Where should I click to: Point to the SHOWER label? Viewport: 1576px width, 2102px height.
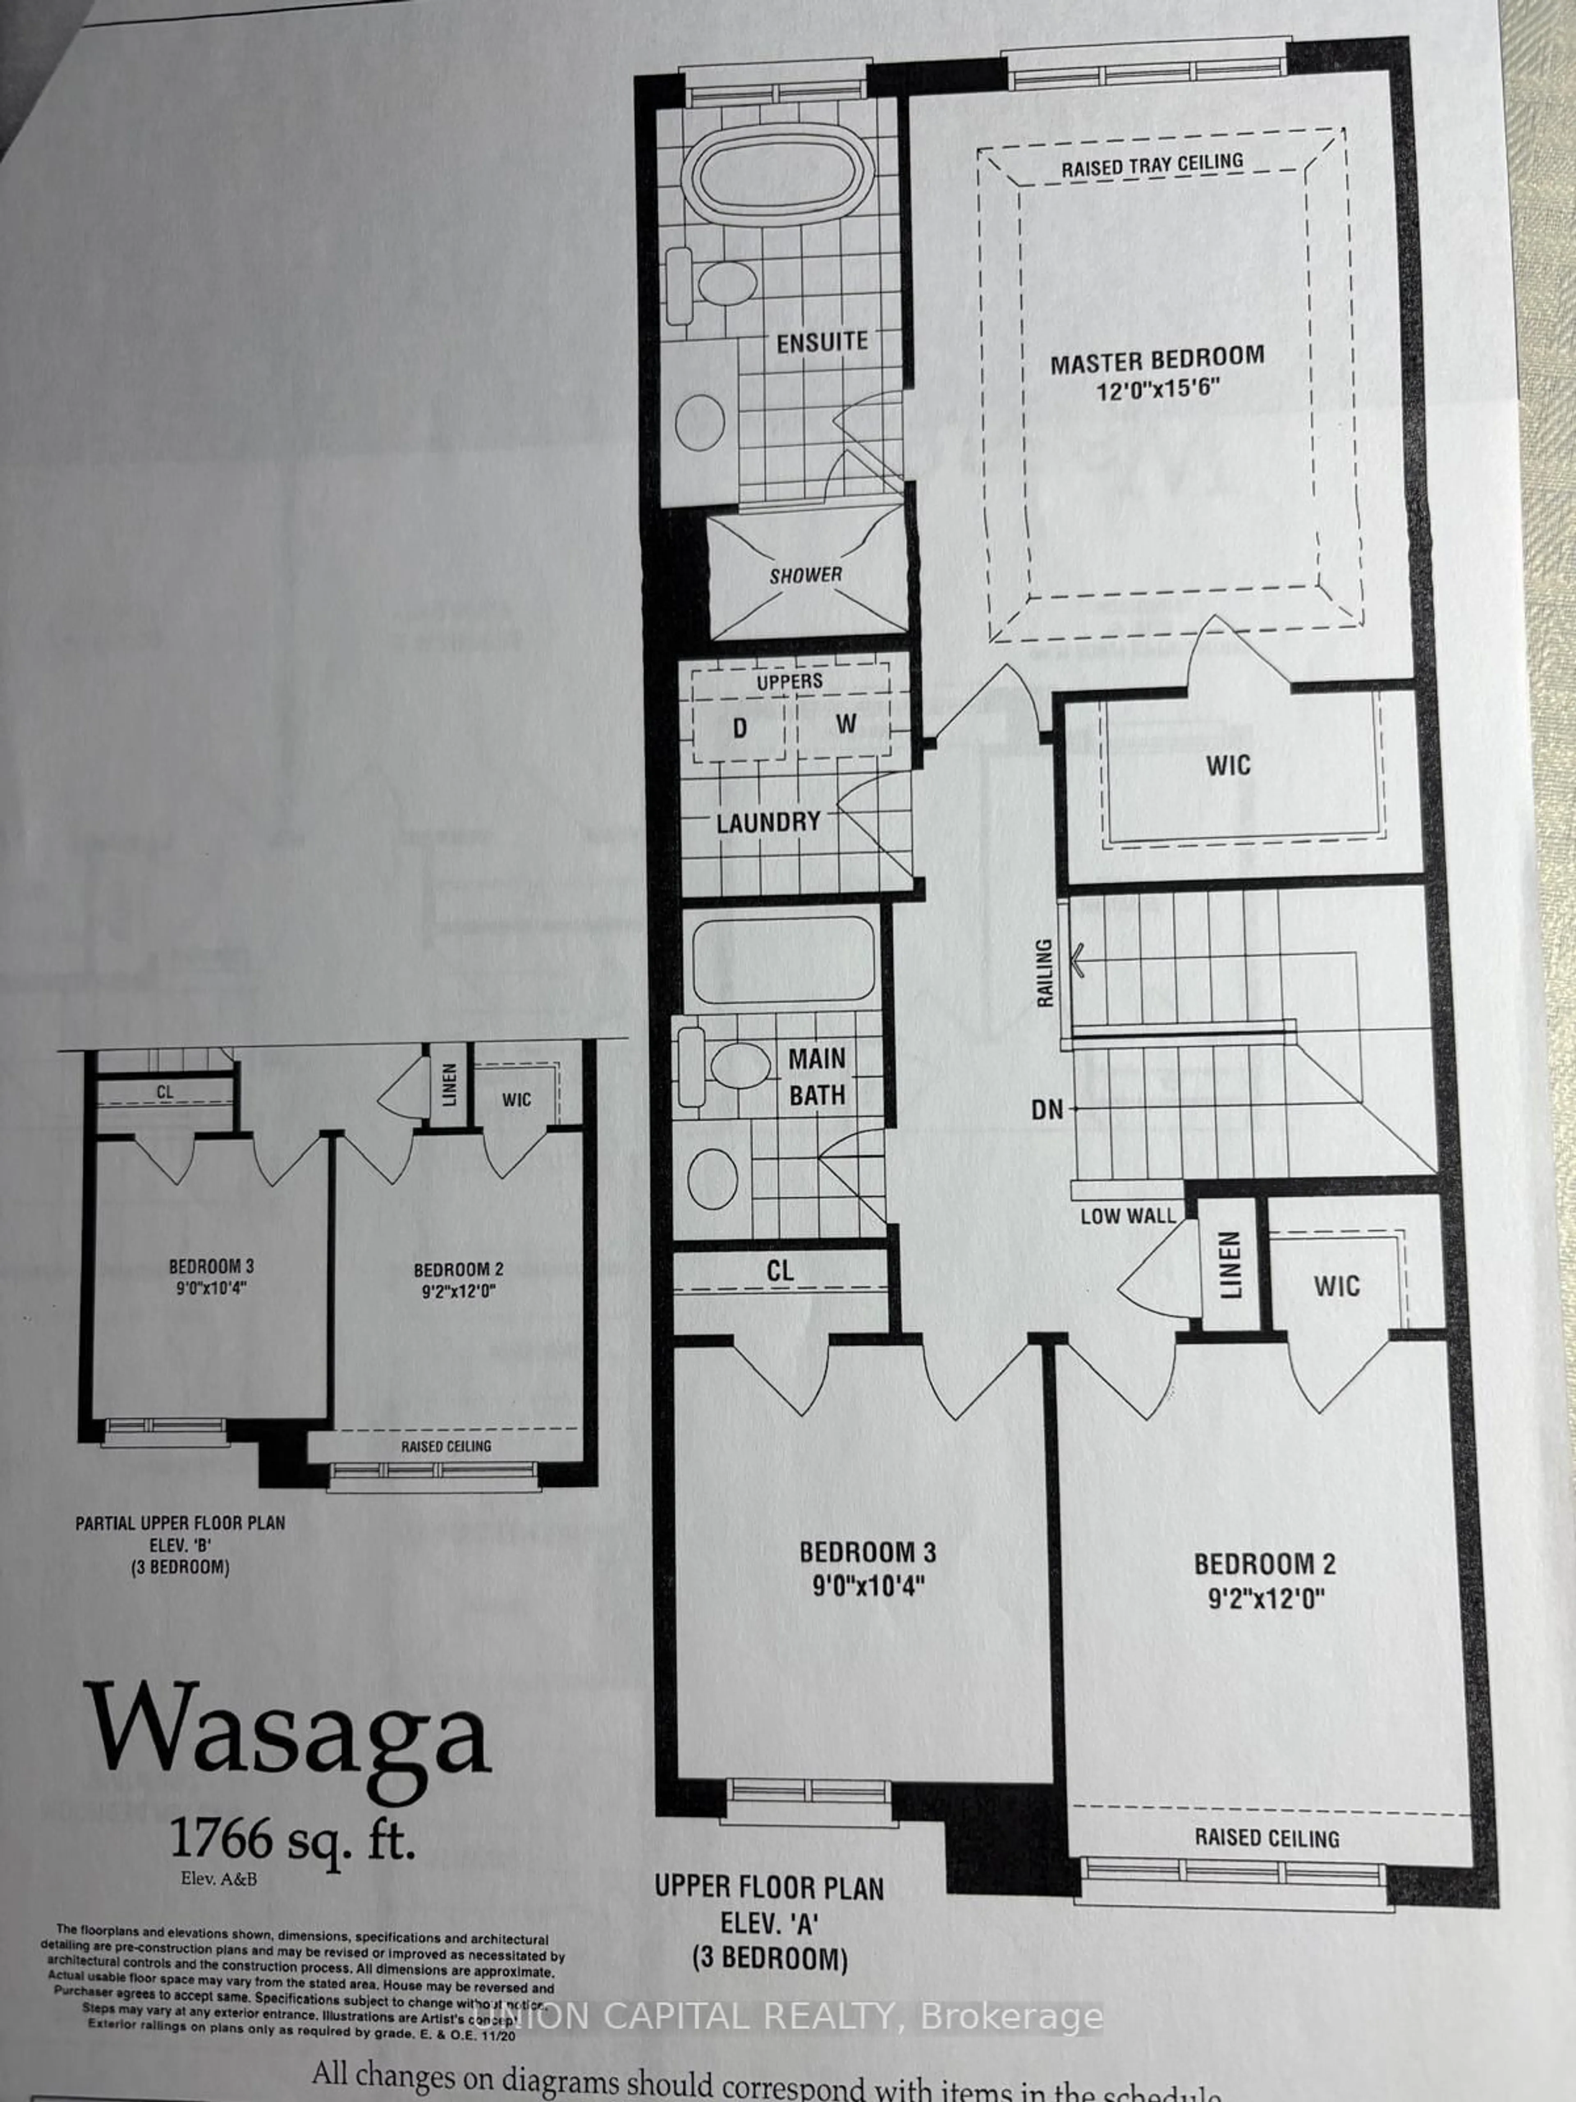[x=806, y=575]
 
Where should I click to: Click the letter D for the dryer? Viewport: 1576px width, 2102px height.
[x=739, y=729]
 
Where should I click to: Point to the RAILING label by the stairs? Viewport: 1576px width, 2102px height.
[x=1045, y=972]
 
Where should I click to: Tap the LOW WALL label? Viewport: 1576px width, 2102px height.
[x=1127, y=1215]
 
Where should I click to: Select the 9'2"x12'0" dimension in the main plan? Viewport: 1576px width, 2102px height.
[x=1265, y=1599]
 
